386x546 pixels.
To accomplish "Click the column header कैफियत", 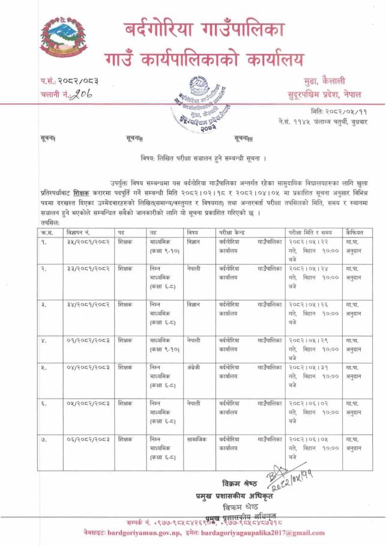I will pos(355,232).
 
